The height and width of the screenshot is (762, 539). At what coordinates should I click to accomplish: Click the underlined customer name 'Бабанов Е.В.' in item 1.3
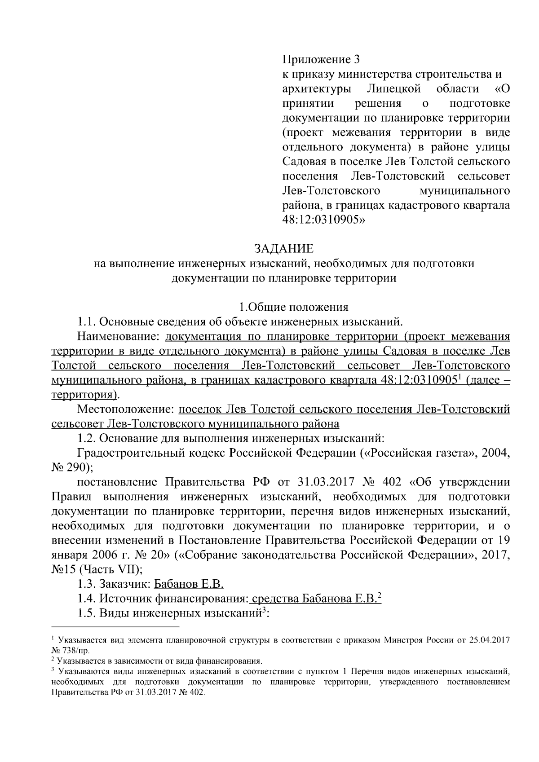tap(189, 584)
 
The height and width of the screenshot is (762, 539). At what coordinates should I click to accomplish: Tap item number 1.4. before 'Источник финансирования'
tap(87, 599)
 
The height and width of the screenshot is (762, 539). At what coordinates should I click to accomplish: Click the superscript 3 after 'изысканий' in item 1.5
tap(265, 610)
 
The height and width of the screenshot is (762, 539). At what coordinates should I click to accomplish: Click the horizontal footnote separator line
tap(115, 626)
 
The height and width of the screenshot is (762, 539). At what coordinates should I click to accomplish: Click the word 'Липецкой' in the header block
tap(395, 88)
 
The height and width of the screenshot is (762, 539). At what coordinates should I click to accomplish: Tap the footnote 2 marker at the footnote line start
tap(53, 659)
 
